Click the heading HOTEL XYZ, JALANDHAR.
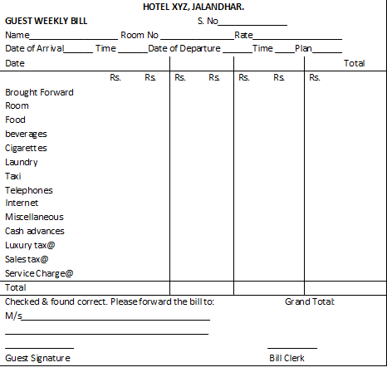tap(193, 7)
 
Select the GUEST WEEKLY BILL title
tap(47, 21)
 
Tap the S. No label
tap(208, 21)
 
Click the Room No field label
tap(140, 35)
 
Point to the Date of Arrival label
tap(33, 49)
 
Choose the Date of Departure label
tap(184, 49)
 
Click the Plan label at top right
tap(303, 49)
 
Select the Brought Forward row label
tap(39, 92)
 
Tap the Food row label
tap(15, 120)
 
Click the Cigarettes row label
tap(26, 148)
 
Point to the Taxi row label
tap(13, 176)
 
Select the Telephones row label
tap(29, 190)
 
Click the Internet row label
tap(22, 203)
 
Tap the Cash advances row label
tap(35, 231)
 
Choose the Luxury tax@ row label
tap(30, 245)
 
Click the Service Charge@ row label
tap(39, 273)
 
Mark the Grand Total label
tap(309, 301)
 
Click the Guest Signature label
tap(37, 358)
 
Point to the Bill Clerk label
tap(287, 358)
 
